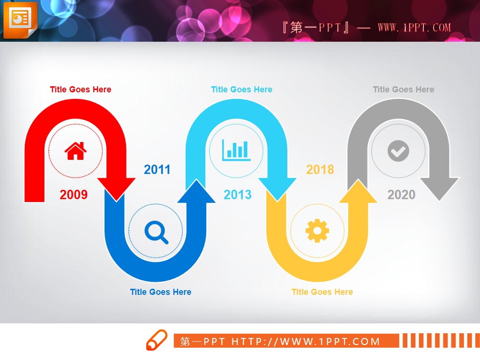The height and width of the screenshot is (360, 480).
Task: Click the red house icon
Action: point(75,151)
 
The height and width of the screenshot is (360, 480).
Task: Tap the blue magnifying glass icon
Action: point(156,232)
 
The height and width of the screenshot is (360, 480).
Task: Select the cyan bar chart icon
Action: point(236,150)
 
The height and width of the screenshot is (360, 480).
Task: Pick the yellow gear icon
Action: point(317,231)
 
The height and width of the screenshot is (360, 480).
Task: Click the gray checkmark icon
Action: point(398,150)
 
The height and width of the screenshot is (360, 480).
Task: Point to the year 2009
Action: point(74,195)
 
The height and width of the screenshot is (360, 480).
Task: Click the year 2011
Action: point(157,170)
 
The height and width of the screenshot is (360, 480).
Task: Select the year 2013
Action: point(238,195)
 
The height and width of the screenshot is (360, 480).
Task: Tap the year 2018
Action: point(320,170)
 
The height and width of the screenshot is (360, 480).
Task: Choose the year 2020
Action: point(401,195)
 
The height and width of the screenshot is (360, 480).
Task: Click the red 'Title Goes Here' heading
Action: point(81,90)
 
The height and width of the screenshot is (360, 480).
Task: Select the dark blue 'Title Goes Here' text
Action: point(161,292)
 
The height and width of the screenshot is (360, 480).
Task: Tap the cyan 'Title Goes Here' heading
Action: point(241,90)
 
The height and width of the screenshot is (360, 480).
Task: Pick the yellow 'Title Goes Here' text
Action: point(322,292)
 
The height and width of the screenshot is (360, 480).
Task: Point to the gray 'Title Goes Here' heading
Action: point(404,90)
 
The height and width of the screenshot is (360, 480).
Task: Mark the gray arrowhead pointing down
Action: point(439,188)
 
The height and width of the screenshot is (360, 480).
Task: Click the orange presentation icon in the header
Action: point(20,20)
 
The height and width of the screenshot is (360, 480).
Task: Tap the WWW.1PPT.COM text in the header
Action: point(414,28)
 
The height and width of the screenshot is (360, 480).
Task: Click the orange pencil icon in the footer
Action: point(157,340)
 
